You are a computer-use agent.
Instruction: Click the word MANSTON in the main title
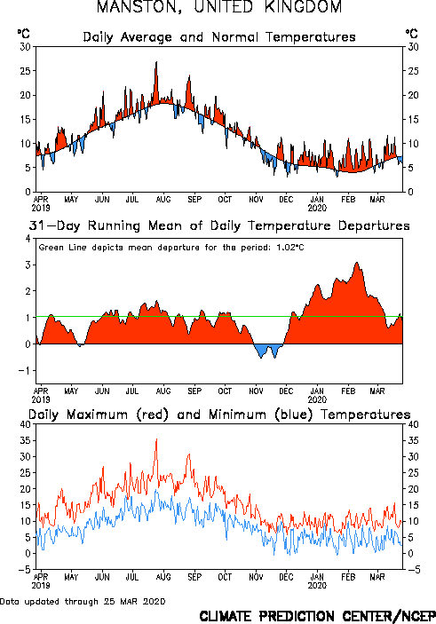[139, 7]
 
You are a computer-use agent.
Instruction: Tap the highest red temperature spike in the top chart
[156, 63]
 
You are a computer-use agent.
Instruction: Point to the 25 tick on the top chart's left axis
[25, 71]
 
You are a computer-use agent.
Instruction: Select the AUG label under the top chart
[163, 199]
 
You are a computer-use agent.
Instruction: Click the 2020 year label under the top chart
[317, 208]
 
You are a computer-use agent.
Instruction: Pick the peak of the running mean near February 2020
[357, 263]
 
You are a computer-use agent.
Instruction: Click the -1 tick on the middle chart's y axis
[25, 370]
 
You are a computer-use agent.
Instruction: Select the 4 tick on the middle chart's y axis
[28, 239]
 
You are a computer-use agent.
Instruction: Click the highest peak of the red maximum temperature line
[156, 439]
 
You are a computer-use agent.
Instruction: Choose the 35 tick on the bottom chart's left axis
[25, 440]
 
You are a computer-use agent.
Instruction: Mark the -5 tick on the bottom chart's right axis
[413, 570]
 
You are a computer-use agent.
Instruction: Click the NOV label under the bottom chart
[256, 577]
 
